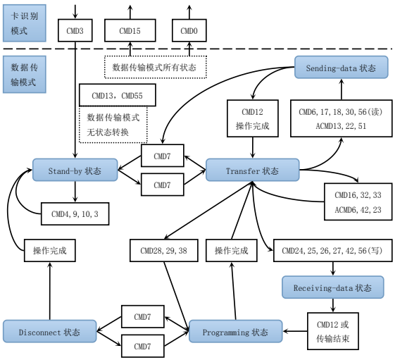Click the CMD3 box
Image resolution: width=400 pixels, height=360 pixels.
75,31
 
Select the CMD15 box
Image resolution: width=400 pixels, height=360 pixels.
130,31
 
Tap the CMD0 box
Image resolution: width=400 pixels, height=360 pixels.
189,31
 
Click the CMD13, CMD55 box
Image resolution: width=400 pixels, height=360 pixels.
113,95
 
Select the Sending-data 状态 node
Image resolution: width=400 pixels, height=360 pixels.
341,68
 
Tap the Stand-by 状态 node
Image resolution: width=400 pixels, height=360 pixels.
75,170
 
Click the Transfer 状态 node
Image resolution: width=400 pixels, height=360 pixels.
252,170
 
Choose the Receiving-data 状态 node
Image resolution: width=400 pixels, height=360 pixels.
333,287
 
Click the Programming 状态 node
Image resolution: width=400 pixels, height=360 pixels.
235,332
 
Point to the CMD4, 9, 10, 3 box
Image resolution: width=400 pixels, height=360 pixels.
75,213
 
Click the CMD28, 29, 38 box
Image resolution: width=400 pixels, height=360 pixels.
163,250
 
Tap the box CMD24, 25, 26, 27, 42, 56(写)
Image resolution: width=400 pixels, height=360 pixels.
332,250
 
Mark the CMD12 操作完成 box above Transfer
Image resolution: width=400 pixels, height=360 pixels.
252,118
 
